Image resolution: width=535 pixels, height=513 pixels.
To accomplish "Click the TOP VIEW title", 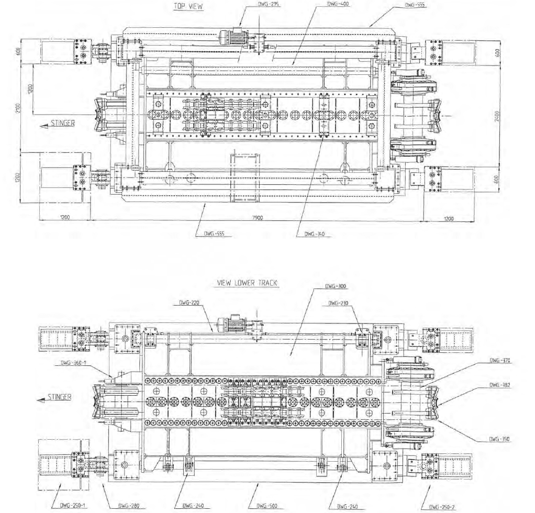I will coord(188,6).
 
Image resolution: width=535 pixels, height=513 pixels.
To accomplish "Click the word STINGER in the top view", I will coord(63,124).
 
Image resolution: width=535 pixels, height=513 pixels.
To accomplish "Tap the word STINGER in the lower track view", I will coord(59,397).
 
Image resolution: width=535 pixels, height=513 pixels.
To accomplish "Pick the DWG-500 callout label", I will coord(259,506).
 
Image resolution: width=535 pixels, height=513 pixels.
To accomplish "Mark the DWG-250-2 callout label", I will coord(442,506).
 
